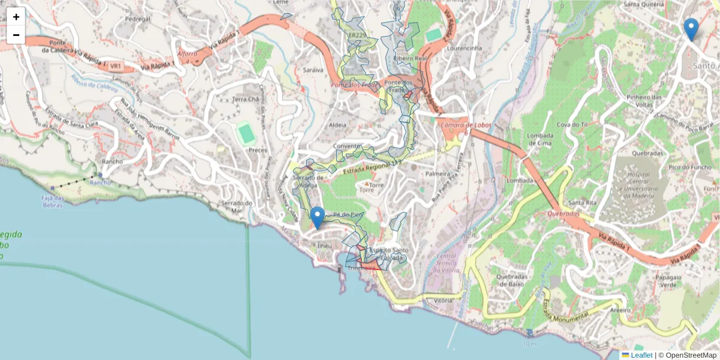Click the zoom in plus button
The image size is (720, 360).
pyautogui.click(x=16, y=17)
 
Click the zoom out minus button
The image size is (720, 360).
pyautogui.click(x=16, y=35)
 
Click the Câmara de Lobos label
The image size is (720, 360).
pyautogui.click(x=466, y=125)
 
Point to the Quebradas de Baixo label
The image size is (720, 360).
pyautogui.click(x=511, y=280)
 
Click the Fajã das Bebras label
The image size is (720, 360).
pyautogui.click(x=53, y=201)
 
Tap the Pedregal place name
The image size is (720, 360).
pyautogui.click(x=137, y=19)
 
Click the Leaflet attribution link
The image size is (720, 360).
pyautogui.click(x=641, y=355)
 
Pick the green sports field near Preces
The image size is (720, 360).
pyautogui.click(x=245, y=133)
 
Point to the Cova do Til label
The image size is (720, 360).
pyautogui.click(x=571, y=124)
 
